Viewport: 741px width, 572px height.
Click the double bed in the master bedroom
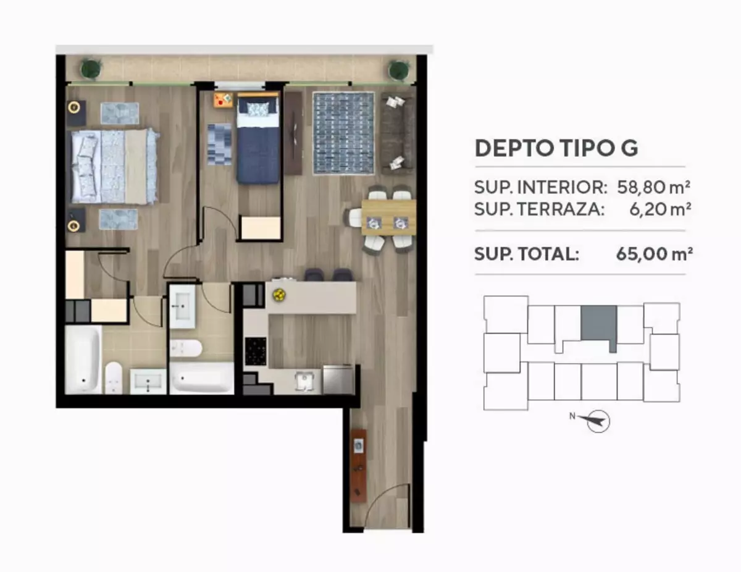pyautogui.click(x=115, y=166)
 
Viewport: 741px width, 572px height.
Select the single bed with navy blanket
pyautogui.click(x=258, y=139)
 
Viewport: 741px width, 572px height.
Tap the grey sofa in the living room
pyautogui.click(x=398, y=133)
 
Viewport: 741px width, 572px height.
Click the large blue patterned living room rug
pyautogui.click(x=343, y=133)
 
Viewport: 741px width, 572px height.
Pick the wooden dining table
pyautogui.click(x=388, y=217)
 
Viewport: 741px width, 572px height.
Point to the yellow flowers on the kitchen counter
pyautogui.click(x=279, y=295)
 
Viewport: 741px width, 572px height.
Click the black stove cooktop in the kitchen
pyautogui.click(x=256, y=351)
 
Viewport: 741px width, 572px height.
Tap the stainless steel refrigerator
pyautogui.click(x=338, y=380)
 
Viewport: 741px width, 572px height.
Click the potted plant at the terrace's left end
pyautogui.click(x=91, y=69)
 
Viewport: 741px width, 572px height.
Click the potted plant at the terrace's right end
pyautogui.click(x=398, y=70)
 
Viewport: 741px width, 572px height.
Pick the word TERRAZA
pyautogui.click(x=561, y=209)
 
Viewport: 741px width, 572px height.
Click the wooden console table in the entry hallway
pyautogui.click(x=358, y=466)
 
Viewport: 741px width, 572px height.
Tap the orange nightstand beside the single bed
pyautogui.click(x=224, y=100)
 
